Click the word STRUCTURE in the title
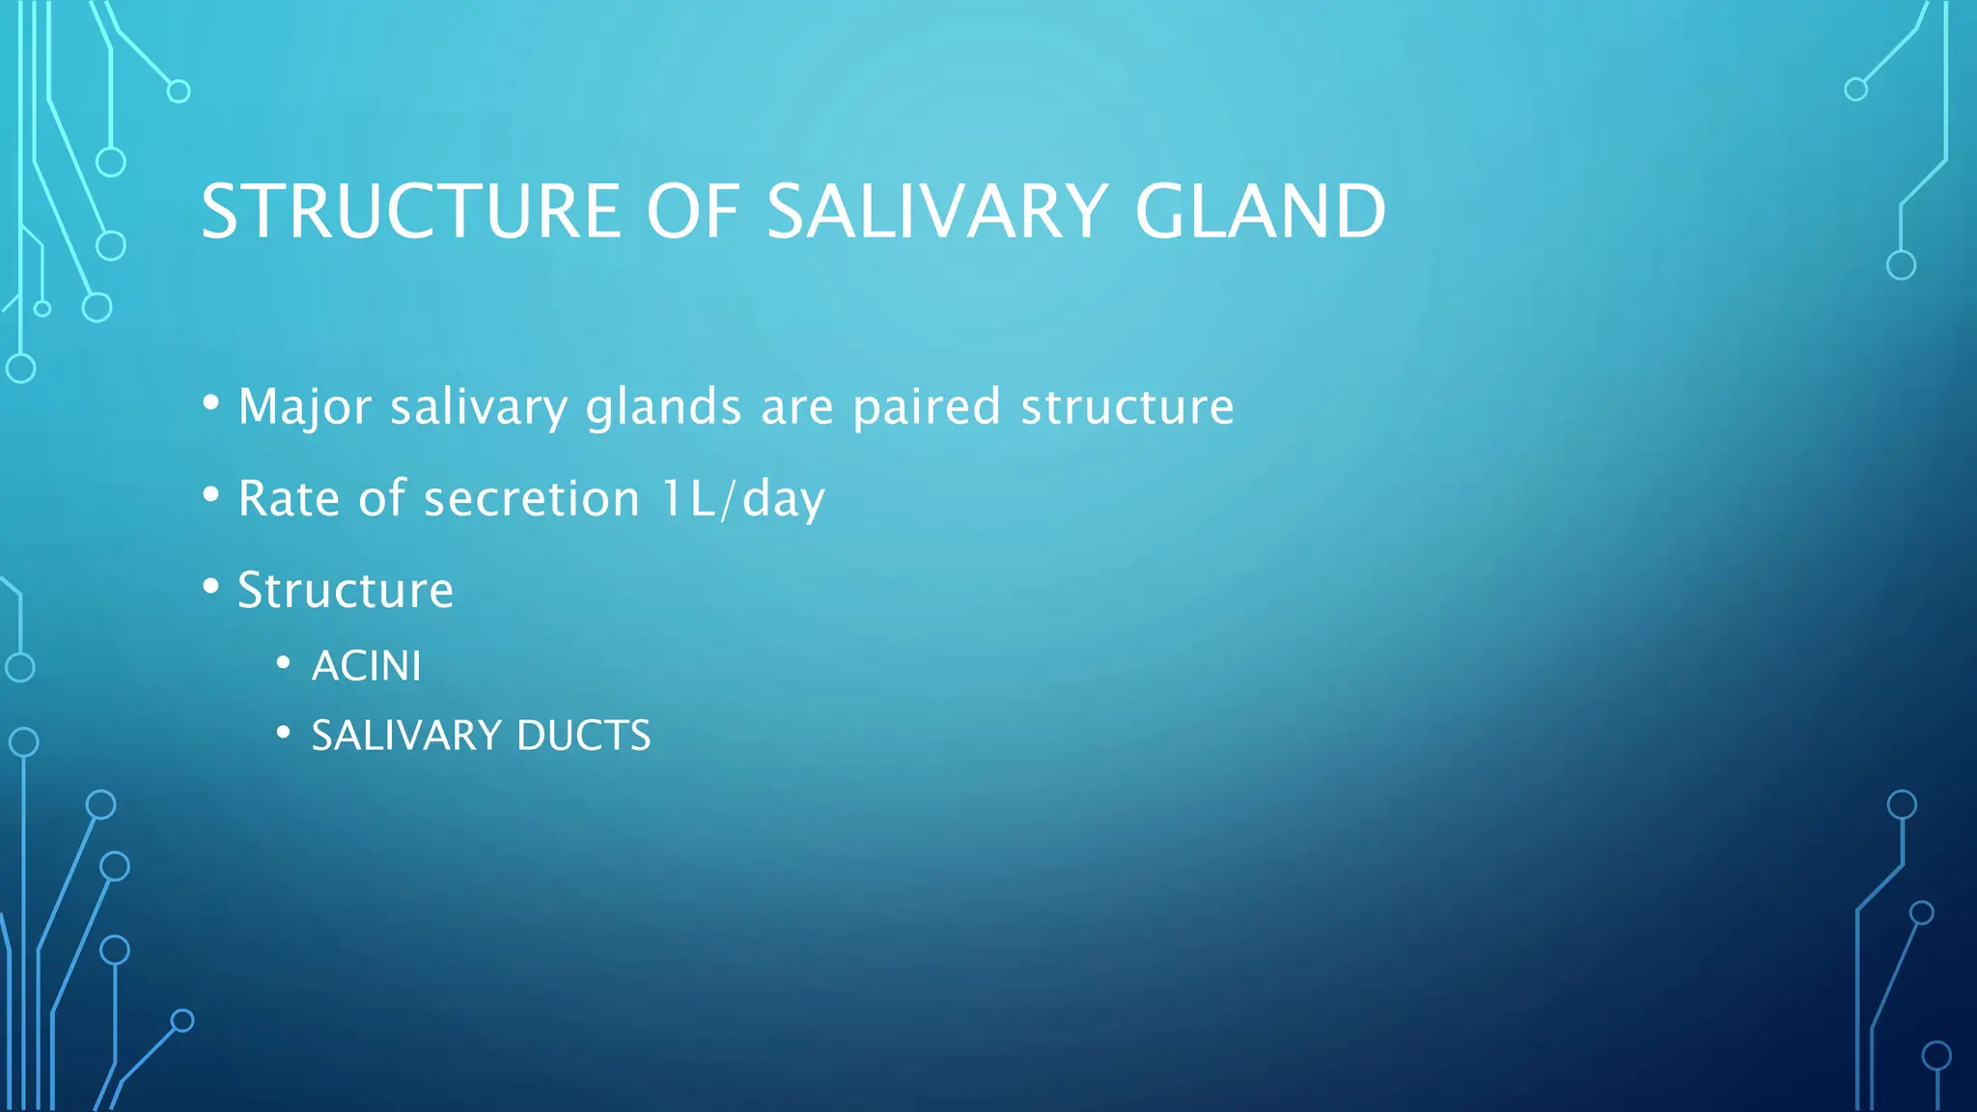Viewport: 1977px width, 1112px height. point(410,211)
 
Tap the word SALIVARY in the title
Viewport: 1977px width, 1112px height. point(936,211)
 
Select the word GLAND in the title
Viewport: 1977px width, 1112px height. point(1260,211)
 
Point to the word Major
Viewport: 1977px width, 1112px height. point(304,407)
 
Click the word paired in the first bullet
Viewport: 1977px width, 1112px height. point(926,407)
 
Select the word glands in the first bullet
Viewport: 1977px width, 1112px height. point(663,407)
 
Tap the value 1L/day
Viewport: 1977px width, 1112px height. point(743,499)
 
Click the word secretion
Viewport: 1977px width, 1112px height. point(532,499)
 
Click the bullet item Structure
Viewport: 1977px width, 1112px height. point(346,590)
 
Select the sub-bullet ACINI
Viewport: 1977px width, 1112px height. point(366,666)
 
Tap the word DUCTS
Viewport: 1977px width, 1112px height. point(583,736)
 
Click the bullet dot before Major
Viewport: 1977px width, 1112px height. point(211,403)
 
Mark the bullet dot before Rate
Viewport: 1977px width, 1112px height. point(211,494)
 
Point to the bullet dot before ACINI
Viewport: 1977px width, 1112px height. point(283,662)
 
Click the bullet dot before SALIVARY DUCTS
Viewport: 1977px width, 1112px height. point(283,733)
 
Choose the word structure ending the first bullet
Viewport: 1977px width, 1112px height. point(1128,407)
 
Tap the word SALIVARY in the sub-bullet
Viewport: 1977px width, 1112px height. point(406,736)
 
